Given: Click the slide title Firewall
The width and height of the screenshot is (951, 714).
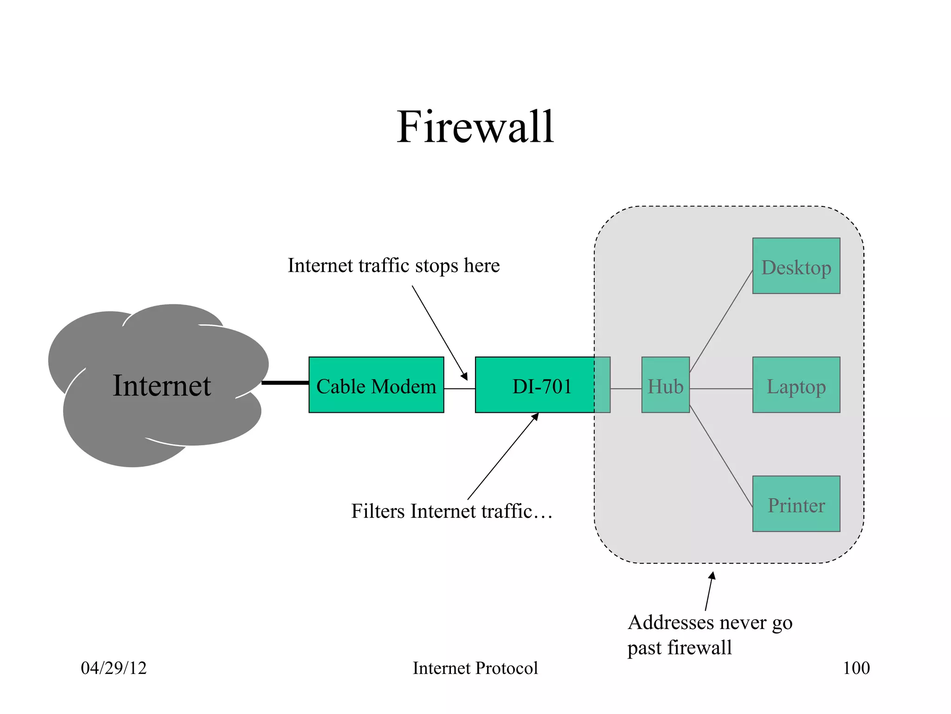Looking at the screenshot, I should pos(475,126).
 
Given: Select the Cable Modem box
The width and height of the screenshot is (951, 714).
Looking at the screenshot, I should pos(376,385).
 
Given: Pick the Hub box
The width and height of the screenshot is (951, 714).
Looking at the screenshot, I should pos(665,385).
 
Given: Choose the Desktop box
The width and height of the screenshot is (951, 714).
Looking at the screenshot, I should pos(796,266).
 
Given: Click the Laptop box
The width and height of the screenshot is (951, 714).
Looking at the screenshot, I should pos(796,385).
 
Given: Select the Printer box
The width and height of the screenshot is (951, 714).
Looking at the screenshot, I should pos(796,504).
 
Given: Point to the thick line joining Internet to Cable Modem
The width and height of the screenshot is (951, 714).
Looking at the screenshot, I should pos(285,383).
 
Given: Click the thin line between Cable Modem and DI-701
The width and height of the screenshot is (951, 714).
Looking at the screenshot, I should pos(459,389).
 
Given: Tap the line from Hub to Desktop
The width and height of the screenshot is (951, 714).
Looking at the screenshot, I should pos(721,322).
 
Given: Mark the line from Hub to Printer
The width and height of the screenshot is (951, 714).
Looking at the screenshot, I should pos(721,456).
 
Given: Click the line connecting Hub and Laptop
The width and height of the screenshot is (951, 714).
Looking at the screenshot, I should pos(721,389).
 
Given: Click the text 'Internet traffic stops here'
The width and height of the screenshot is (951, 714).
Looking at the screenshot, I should pos(393,266).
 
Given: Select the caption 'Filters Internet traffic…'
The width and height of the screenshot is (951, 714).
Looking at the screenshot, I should pos(451,511).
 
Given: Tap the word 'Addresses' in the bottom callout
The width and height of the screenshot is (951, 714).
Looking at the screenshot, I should pos(671,623).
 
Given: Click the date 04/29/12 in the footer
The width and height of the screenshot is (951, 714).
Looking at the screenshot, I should pos(114,668).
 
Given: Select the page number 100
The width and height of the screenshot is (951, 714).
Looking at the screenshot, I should pos(856,668).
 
